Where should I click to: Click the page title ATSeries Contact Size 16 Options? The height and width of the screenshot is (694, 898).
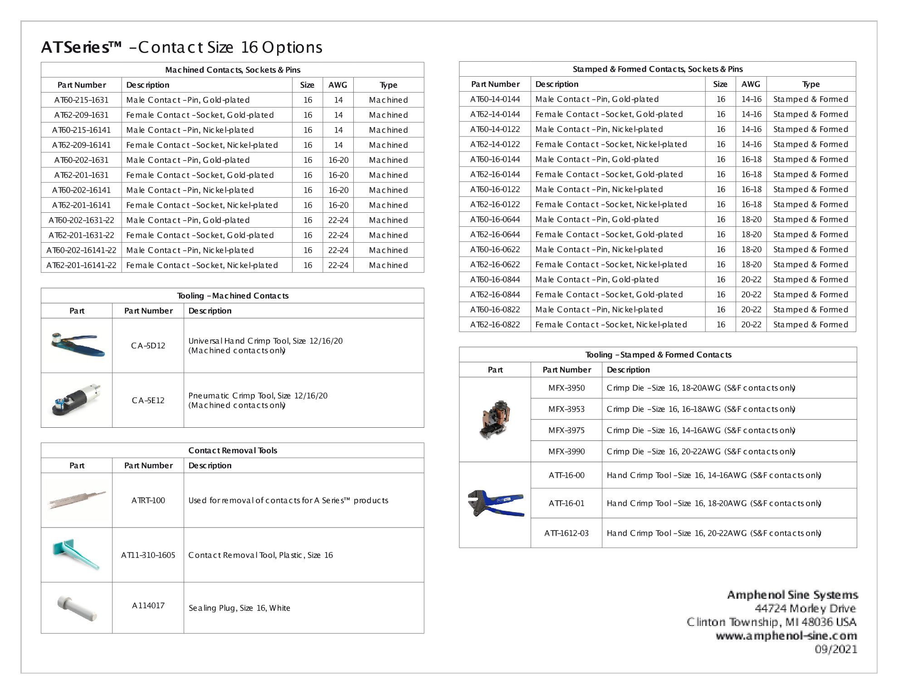[181, 47]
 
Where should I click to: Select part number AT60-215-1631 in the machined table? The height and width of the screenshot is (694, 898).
[81, 100]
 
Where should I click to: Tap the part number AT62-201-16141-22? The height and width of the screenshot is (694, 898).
[81, 265]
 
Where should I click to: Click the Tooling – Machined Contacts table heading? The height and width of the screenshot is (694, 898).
[232, 296]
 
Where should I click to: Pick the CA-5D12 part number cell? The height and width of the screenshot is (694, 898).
[148, 346]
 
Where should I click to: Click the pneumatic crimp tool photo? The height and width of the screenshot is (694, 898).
[77, 400]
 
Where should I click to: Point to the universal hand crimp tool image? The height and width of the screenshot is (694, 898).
[77, 345]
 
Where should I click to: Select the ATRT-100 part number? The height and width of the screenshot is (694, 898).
[148, 500]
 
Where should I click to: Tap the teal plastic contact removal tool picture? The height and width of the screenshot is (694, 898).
[76, 554]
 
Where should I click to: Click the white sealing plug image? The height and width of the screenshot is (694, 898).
[77, 608]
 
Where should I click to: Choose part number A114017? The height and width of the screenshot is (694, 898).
[148, 606]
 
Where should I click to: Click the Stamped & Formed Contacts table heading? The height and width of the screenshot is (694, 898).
[657, 69]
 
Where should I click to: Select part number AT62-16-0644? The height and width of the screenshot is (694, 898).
[495, 235]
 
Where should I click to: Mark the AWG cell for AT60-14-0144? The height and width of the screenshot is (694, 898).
[751, 99]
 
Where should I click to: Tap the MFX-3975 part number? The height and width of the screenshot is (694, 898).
[566, 430]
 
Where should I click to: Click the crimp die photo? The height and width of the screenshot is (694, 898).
[495, 420]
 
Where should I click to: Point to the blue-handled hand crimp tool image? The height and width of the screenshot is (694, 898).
[495, 503]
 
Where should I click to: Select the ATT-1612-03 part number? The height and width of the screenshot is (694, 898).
[566, 533]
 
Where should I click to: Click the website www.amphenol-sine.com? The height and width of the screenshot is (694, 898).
[786, 635]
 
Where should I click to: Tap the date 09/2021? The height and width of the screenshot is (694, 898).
[835, 649]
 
